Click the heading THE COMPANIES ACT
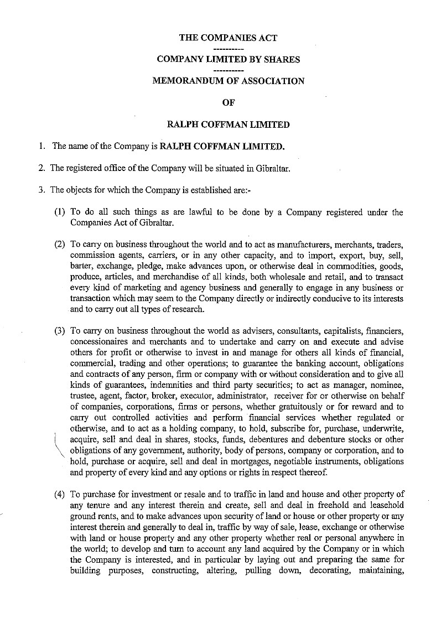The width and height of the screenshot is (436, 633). coord(228,38)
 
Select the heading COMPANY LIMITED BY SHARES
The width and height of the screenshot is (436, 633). coord(228,59)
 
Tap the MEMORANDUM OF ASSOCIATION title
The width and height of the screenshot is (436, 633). coord(228,81)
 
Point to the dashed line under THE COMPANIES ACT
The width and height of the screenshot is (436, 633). coord(228,49)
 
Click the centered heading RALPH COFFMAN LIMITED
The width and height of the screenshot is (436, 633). coord(228,124)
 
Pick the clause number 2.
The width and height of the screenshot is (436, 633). coord(41,168)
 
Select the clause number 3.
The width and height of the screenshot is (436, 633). coord(41,190)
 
